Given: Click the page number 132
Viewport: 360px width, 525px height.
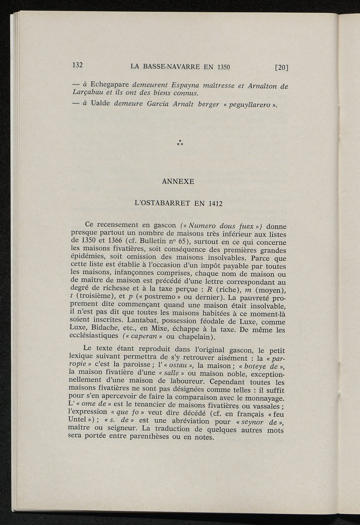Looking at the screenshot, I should pos(77,65).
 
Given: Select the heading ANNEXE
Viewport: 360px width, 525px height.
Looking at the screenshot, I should pos(178,182).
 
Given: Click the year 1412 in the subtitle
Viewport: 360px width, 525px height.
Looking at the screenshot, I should pos(215,204).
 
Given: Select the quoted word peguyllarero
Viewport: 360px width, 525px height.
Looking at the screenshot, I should pos(249,105).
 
